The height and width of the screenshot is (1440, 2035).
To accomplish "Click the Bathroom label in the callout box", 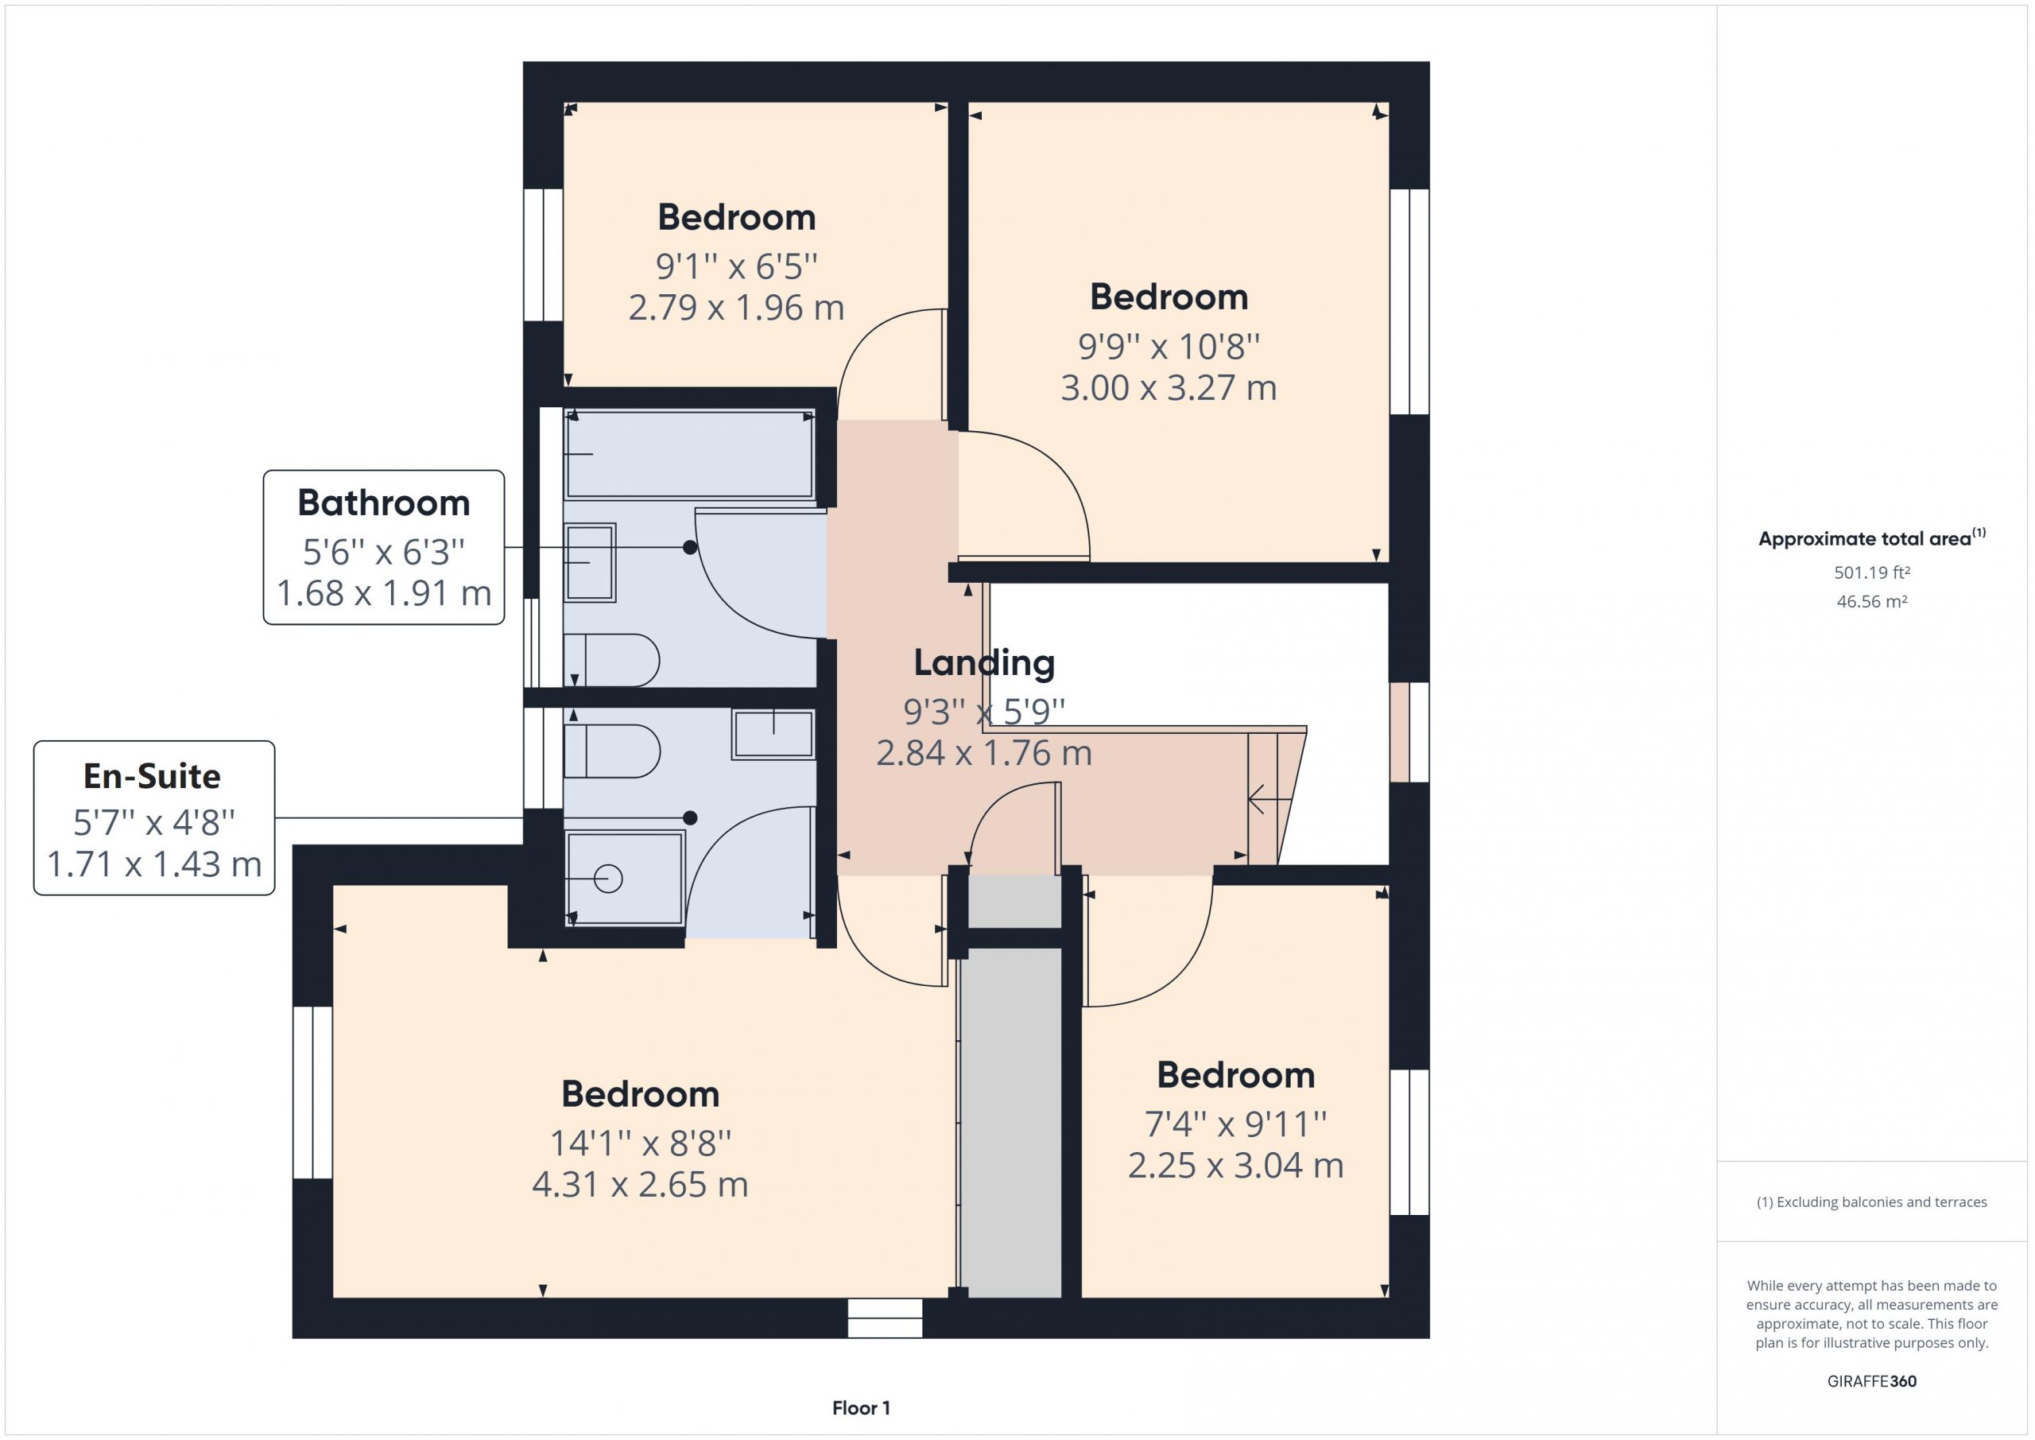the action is tap(384, 503).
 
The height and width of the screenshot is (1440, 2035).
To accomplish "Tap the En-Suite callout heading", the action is tap(153, 776).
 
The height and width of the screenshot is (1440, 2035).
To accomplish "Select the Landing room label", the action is tap(984, 662).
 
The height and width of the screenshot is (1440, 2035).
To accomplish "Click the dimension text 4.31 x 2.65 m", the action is tap(640, 1185).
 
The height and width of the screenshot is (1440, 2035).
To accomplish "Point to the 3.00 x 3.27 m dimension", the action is tap(1169, 387).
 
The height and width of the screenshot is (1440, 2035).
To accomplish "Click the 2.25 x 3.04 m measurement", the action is tap(1235, 1165).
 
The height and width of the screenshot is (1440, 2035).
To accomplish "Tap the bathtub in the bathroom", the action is tap(689, 454).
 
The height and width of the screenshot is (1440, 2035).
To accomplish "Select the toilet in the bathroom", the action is tap(611, 661).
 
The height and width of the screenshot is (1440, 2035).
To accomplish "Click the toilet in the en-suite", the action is tap(611, 751).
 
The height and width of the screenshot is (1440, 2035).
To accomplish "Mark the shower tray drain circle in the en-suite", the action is tap(608, 879).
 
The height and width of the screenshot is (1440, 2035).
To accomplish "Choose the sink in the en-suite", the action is tap(773, 734).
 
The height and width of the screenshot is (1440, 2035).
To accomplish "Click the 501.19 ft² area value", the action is tap(1872, 573).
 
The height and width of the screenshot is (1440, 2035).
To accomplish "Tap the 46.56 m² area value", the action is tap(1872, 601).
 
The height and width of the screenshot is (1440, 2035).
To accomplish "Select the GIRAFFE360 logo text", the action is tap(1872, 1380).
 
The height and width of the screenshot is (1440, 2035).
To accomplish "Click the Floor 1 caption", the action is tap(861, 1407).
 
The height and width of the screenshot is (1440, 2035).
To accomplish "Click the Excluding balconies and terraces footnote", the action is tap(1872, 1201).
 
